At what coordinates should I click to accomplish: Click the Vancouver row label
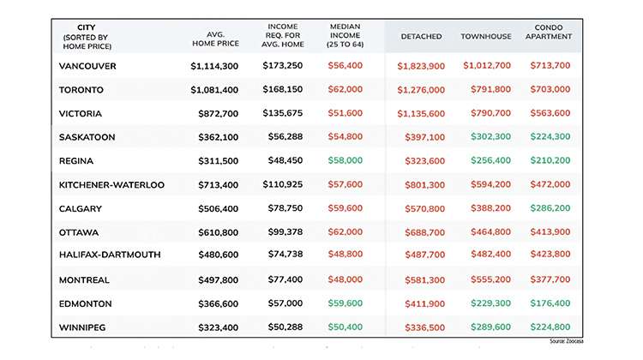tap(87, 66)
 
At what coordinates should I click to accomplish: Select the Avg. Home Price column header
tap(216, 39)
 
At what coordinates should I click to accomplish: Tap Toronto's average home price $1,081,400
tap(214, 90)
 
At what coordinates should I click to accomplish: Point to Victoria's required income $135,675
tap(283, 113)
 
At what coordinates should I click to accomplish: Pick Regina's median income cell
tap(345, 160)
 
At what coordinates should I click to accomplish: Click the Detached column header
tap(421, 37)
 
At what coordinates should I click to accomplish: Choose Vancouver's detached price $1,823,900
tap(421, 66)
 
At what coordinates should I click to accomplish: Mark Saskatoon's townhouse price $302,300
tap(490, 136)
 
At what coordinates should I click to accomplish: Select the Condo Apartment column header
tap(549, 32)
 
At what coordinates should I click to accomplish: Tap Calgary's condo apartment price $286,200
tap(550, 208)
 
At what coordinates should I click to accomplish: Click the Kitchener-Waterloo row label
tap(111, 185)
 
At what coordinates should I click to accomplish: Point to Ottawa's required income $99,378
tap(285, 232)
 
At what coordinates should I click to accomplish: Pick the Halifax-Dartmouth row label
tap(110, 255)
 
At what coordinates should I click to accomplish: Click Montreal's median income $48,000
tap(345, 279)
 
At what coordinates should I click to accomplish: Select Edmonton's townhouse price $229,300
tap(490, 303)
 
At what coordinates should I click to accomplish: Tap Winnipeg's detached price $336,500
tap(425, 327)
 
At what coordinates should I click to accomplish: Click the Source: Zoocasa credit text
tap(566, 341)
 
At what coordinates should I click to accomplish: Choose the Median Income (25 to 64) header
tap(346, 35)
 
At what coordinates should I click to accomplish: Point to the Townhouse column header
tap(486, 37)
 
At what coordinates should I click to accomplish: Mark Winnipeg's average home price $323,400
tap(218, 327)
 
